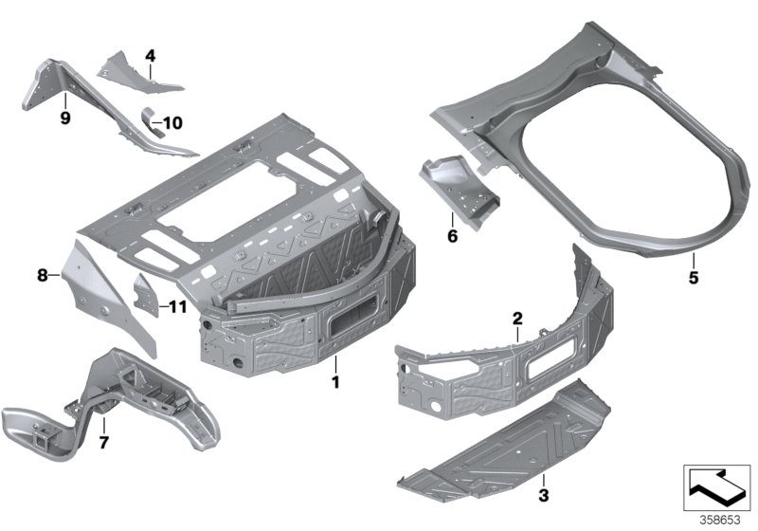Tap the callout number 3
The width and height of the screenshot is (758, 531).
click(x=542, y=495)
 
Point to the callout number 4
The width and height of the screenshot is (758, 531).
click(x=149, y=55)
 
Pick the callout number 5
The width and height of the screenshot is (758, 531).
click(x=693, y=278)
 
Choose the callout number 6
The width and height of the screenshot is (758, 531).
click(x=452, y=236)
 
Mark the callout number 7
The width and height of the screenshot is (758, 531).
click(x=104, y=441)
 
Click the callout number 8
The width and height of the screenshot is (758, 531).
click(x=42, y=276)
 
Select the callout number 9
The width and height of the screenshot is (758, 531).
click(x=65, y=119)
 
